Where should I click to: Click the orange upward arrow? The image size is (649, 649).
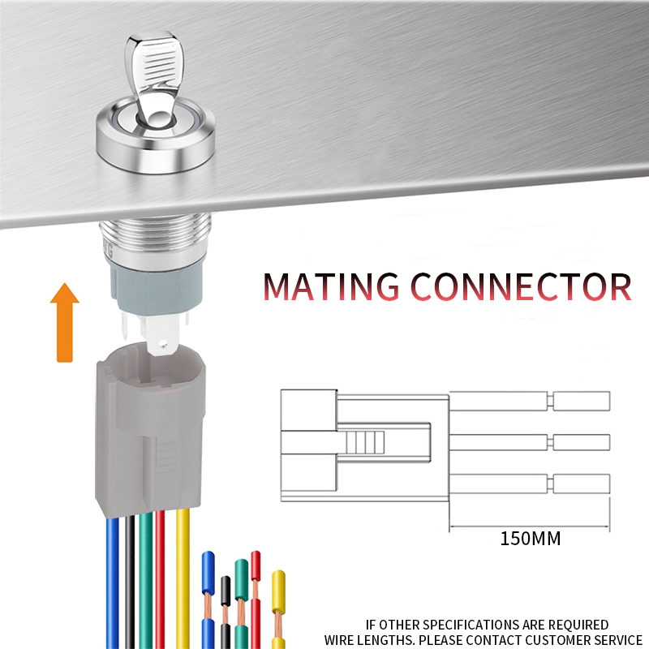point(65,323)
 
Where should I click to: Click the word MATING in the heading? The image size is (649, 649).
point(331,286)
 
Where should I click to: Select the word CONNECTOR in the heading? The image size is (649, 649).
point(521,286)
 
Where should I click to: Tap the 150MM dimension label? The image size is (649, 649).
point(531,539)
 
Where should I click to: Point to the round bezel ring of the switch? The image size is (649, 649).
point(156,140)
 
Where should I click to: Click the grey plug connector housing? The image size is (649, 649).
point(150,431)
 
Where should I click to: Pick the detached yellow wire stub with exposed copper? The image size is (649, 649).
point(278,608)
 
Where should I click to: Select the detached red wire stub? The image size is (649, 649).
point(256,600)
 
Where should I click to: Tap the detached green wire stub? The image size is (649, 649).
point(241,604)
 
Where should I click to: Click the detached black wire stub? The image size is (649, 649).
point(226,612)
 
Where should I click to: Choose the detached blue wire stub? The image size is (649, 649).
point(208,600)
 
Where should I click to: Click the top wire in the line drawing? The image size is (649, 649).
point(530,401)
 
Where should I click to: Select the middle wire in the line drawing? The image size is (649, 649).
point(530,442)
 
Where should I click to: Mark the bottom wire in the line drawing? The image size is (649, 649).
point(530,484)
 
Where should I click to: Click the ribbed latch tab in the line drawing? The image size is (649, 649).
point(365,442)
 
